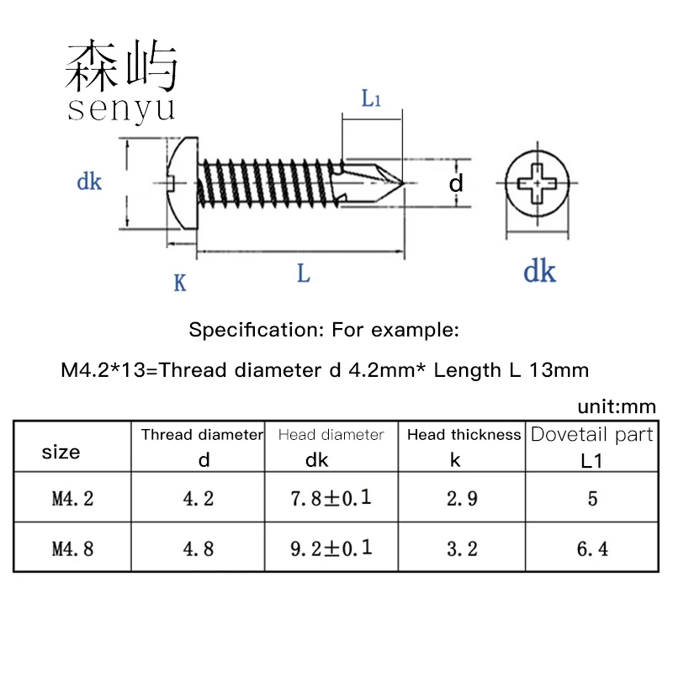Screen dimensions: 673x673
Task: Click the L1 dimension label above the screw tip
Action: click(x=371, y=98)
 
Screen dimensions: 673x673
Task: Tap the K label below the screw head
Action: click(x=179, y=283)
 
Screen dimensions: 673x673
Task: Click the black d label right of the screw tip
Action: click(x=455, y=183)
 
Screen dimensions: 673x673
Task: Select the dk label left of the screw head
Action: click(x=89, y=181)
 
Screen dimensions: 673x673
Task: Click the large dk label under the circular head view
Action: click(x=539, y=271)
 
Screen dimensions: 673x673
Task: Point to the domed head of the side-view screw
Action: click(x=181, y=182)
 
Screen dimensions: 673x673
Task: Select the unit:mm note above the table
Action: click(x=616, y=407)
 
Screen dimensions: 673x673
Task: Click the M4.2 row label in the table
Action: click(x=72, y=498)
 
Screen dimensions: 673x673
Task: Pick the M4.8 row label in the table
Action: click(x=72, y=548)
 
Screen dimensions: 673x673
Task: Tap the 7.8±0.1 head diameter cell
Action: click(x=331, y=498)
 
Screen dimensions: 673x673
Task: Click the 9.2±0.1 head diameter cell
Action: click(x=331, y=548)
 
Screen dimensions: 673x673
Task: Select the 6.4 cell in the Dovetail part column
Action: click(x=592, y=548)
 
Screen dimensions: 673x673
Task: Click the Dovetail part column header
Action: click(x=592, y=435)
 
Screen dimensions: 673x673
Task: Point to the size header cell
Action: click(x=61, y=453)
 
